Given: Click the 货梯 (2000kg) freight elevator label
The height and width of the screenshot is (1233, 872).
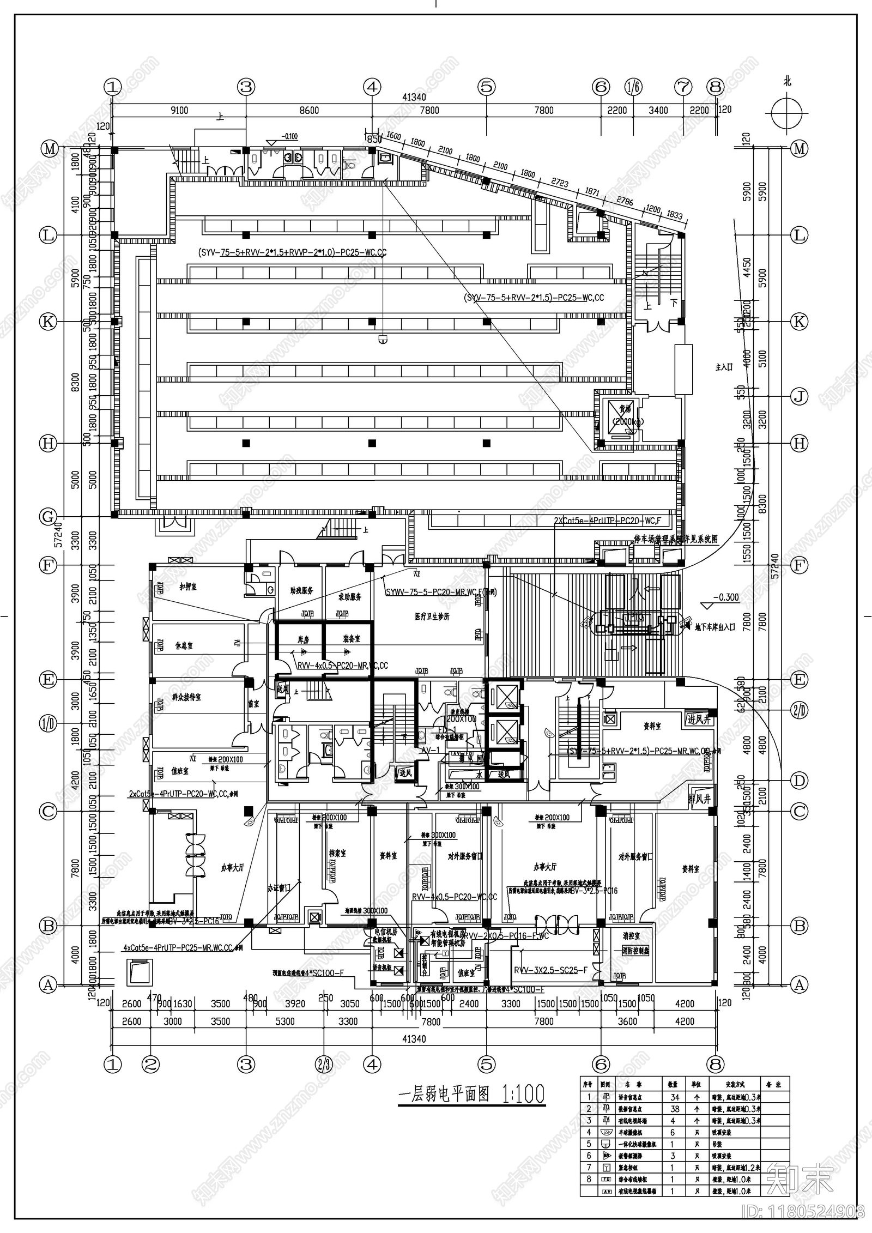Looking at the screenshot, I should (620, 415).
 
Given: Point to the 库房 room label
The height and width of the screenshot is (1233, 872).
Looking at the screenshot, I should (303, 639).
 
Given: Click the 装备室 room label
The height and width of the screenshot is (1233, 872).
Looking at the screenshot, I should (352, 638).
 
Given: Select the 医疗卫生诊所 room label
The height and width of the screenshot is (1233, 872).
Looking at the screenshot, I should (432, 616).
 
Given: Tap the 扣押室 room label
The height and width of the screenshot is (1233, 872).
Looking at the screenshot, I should (188, 587).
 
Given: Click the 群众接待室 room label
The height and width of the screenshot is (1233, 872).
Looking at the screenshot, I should (186, 697).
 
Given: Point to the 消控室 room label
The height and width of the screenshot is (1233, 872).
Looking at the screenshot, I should (631, 936).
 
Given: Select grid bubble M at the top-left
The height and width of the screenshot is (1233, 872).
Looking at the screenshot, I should (50, 149).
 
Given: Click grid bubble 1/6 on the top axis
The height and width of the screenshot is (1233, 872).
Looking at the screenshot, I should (633, 87).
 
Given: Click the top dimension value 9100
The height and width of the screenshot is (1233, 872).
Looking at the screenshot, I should (179, 111).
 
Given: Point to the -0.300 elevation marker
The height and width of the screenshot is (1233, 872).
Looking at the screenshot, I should (725, 597).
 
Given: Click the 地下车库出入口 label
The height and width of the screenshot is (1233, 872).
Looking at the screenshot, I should (715, 627).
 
